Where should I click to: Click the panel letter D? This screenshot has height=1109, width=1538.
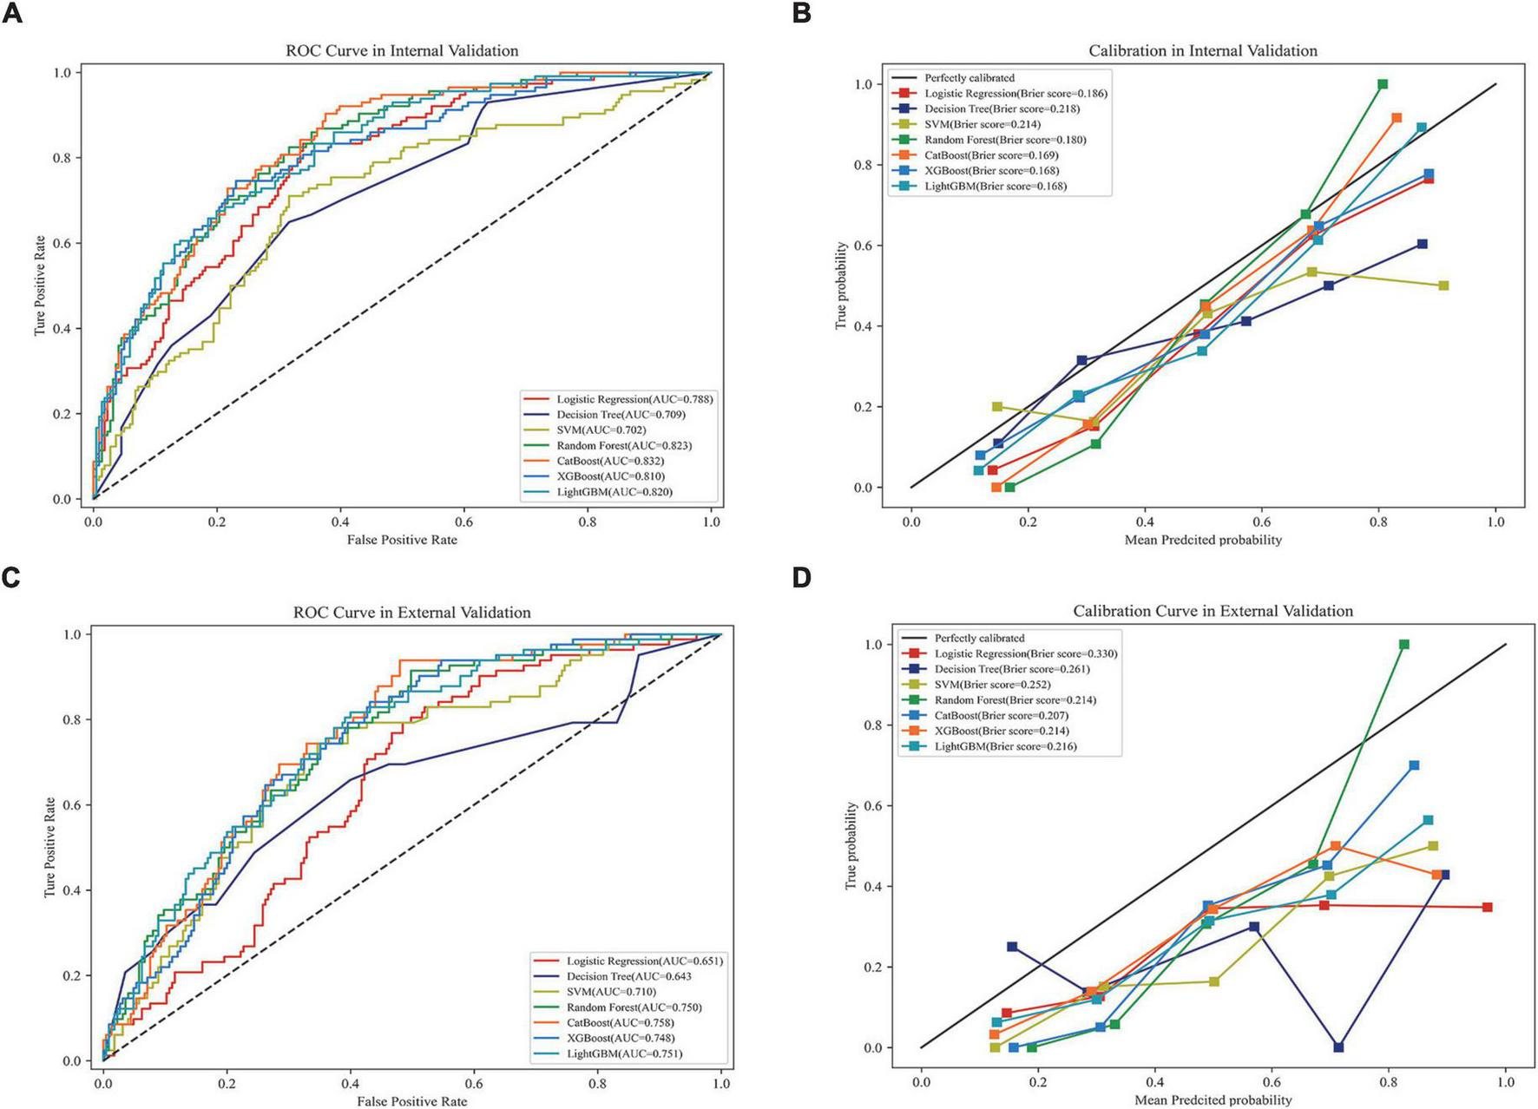801,577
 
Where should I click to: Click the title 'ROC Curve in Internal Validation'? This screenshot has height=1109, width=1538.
402,50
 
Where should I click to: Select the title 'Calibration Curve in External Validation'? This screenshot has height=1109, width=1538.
1213,611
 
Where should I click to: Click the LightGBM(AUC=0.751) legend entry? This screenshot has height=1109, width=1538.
624,1053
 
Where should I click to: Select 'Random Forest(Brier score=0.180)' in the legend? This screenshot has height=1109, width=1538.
1004,140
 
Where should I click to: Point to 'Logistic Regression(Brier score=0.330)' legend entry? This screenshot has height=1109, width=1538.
1025,653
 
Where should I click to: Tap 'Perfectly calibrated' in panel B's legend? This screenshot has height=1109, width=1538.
969,78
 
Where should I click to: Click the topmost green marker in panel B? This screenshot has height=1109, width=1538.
1382,84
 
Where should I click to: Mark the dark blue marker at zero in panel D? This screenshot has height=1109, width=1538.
1338,1047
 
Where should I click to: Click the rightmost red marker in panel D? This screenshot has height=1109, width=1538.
1487,907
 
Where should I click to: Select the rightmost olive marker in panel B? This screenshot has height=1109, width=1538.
1443,285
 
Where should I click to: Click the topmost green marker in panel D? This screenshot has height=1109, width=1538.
1403,645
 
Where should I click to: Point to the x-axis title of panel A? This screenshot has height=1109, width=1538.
402,540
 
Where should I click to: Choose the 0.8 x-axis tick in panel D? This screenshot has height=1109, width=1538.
1388,1082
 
